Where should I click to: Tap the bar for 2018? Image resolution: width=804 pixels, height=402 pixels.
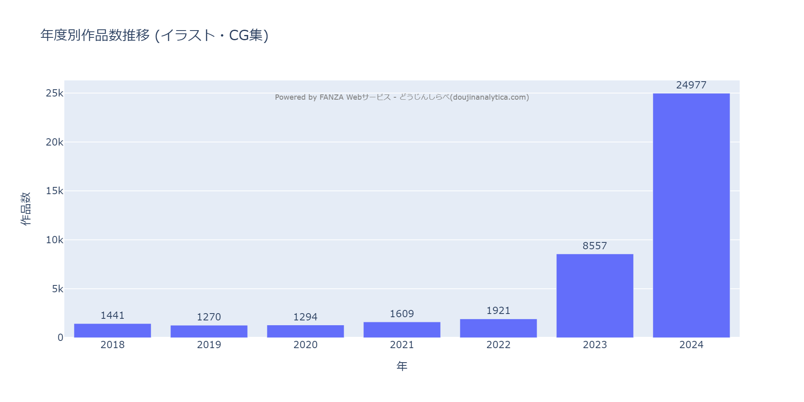pos(113,330)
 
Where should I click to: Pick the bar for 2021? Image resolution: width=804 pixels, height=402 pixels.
pos(402,330)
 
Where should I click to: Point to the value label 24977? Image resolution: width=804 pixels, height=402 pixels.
pos(691,85)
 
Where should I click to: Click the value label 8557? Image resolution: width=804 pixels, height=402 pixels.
pos(595,246)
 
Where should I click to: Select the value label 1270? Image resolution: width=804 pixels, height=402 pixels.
pos(209,317)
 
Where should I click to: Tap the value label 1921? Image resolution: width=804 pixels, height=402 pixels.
pos(498,311)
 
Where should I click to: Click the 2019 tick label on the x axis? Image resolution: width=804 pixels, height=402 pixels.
pos(209,345)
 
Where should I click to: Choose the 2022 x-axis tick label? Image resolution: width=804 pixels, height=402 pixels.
pos(498,345)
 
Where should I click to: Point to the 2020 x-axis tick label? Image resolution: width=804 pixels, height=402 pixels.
pos(306,345)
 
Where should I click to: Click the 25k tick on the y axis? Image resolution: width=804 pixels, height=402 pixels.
pos(55,93)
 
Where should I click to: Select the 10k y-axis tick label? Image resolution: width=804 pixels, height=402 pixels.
pos(55,240)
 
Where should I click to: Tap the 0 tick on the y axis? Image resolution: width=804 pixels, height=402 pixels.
pos(60,338)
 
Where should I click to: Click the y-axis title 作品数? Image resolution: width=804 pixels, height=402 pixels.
pos(26,209)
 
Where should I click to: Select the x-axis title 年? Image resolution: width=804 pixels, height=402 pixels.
pos(402,366)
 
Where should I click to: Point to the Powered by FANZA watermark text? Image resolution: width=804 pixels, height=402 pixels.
pos(402,97)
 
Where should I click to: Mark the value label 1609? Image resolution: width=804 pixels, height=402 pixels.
pos(402,314)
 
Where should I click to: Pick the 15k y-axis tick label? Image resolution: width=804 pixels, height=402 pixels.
pos(55,191)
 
